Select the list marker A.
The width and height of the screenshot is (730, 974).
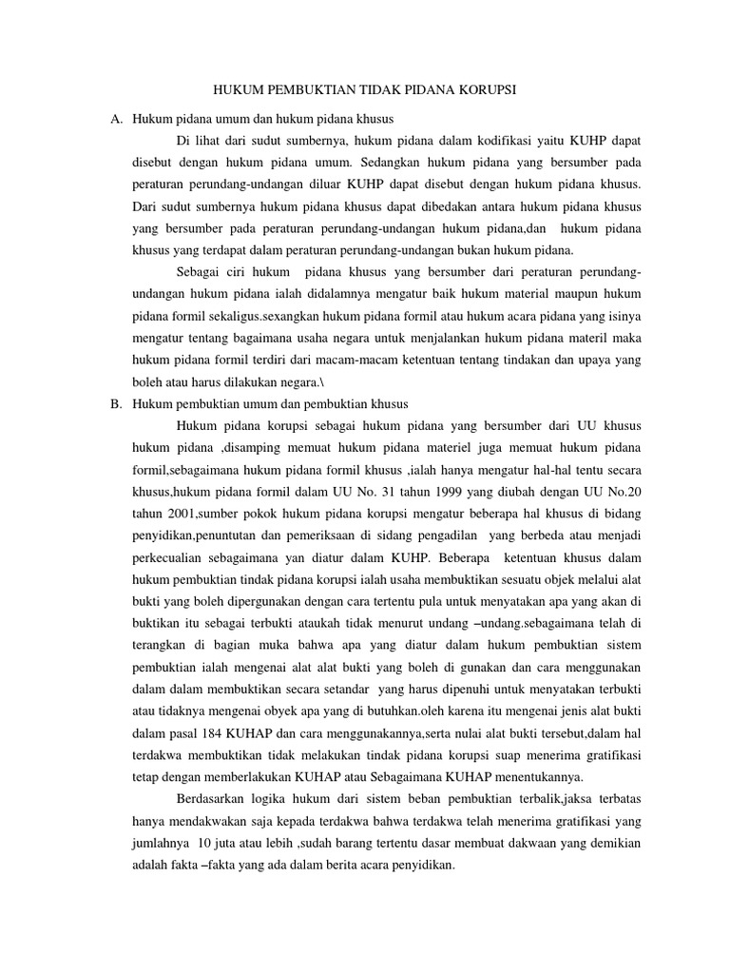coord(117,119)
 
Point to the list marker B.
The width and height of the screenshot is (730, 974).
coord(117,404)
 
